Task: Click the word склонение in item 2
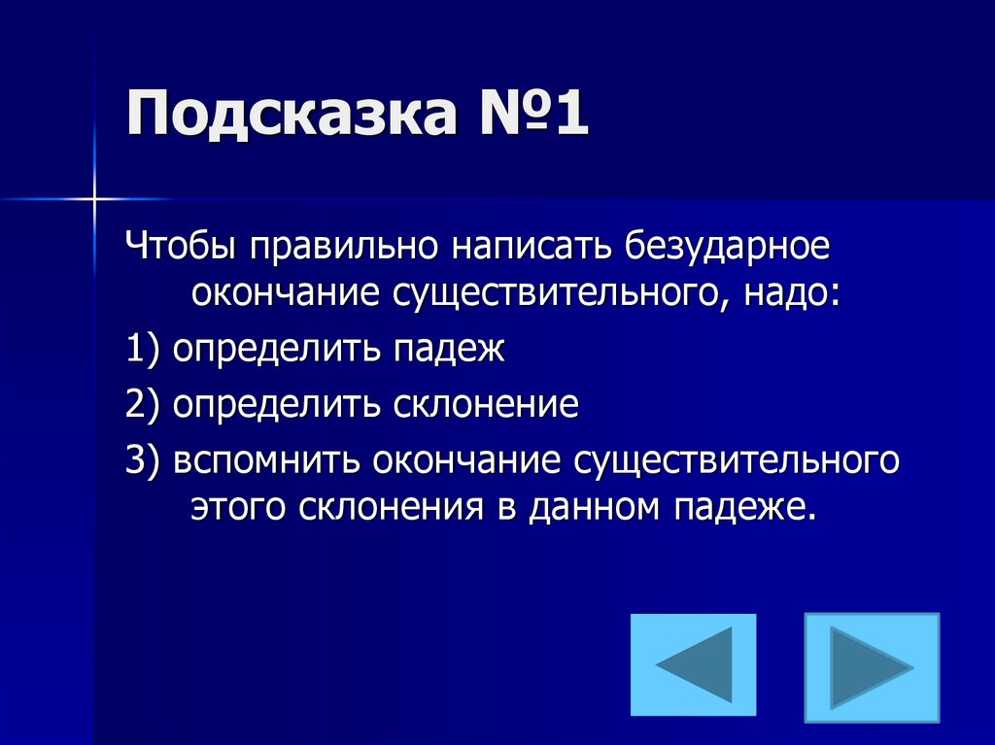486,404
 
